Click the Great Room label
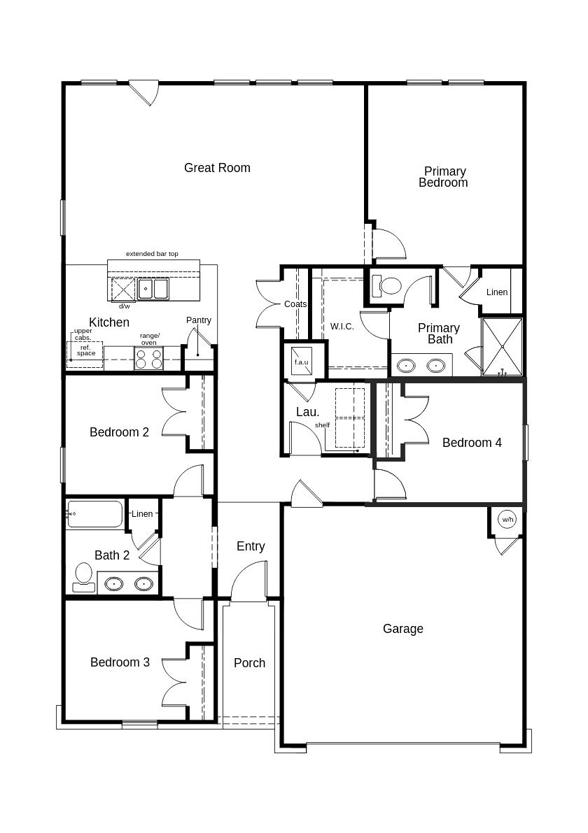tap(217, 168)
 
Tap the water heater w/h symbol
tap(507, 520)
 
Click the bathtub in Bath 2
tap(94, 514)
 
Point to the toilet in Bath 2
tap(84, 576)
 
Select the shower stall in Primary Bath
tap(502, 346)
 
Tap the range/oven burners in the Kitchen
tap(148, 359)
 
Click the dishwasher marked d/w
tap(123, 289)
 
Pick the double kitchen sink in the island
tap(153, 288)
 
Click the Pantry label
tap(199, 320)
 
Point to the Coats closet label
tap(295, 304)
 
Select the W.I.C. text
tap(342, 327)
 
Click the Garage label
tap(403, 629)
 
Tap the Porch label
tap(249, 663)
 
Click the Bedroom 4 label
tap(472, 443)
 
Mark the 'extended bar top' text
tap(152, 253)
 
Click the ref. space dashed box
tap(85, 355)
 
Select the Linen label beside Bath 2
tap(142, 514)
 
